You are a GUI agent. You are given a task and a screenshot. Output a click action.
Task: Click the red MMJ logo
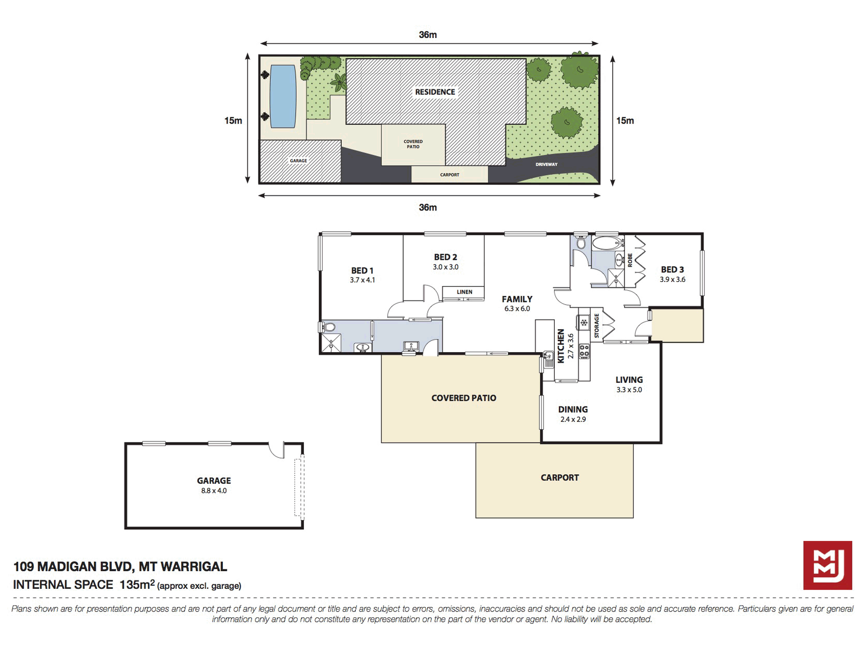pos(827,565)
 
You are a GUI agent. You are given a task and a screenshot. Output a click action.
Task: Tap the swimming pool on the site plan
pos(283,96)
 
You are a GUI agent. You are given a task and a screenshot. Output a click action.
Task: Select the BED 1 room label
pos(363,271)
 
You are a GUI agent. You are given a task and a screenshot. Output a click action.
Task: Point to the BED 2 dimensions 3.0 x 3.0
pos(446,267)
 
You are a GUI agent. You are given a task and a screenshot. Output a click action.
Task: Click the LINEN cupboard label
pos(464,292)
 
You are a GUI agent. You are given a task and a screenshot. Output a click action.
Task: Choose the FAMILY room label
pos(517,299)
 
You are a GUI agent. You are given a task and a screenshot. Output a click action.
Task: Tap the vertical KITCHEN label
pos(561,346)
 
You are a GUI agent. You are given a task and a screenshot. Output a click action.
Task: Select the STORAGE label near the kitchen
pos(596,325)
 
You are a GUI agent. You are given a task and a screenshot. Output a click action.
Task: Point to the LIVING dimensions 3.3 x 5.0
pos(629,390)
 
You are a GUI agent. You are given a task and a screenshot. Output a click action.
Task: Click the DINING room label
pos(573,410)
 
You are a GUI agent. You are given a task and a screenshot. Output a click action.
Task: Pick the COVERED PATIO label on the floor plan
pos(464,398)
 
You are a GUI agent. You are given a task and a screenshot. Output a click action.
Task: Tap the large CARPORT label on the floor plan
pos(560,478)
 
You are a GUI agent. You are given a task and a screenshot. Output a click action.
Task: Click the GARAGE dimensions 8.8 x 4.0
pos(214,491)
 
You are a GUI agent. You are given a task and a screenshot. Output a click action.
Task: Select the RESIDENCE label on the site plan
pos(435,92)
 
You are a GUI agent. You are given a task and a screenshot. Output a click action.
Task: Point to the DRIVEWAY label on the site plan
pos(547,164)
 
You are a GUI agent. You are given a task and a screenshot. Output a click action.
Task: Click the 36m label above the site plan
pos(428,35)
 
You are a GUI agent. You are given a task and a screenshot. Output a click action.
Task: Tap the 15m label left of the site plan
pos(233,120)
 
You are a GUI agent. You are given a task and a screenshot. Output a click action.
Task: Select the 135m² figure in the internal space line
pos(137,584)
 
